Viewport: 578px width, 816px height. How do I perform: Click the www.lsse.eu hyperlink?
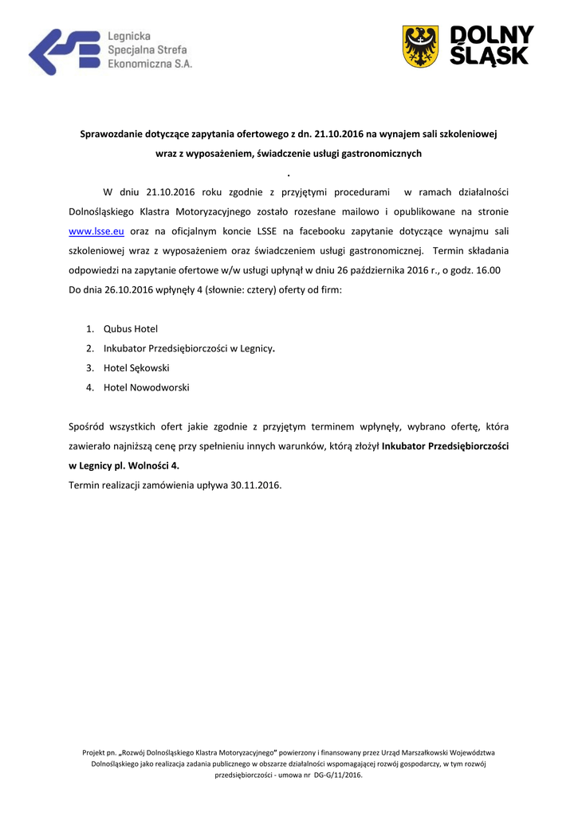(x=96, y=231)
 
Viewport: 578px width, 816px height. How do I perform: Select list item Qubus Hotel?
(x=131, y=328)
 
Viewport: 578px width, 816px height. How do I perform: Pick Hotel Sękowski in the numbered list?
(x=136, y=368)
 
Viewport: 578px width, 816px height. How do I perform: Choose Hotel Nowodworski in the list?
(x=147, y=388)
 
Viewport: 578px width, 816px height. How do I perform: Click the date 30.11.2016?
(x=255, y=484)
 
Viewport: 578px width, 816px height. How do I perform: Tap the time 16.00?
(x=486, y=271)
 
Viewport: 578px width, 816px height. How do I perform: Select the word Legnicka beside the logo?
(x=129, y=37)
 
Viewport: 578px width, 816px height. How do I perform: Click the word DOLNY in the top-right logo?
(x=492, y=35)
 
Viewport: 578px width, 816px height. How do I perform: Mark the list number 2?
(x=90, y=348)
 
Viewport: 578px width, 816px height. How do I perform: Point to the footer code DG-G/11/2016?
(x=338, y=775)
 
